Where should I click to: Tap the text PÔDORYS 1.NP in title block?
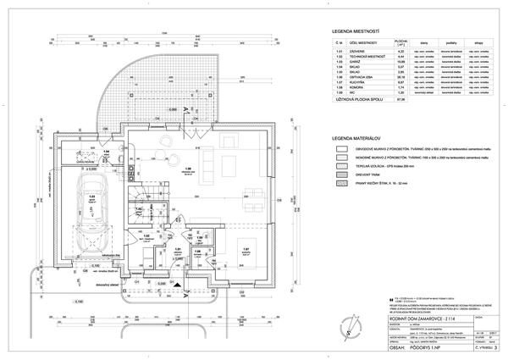pyautogui.click(x=376, y=346)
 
